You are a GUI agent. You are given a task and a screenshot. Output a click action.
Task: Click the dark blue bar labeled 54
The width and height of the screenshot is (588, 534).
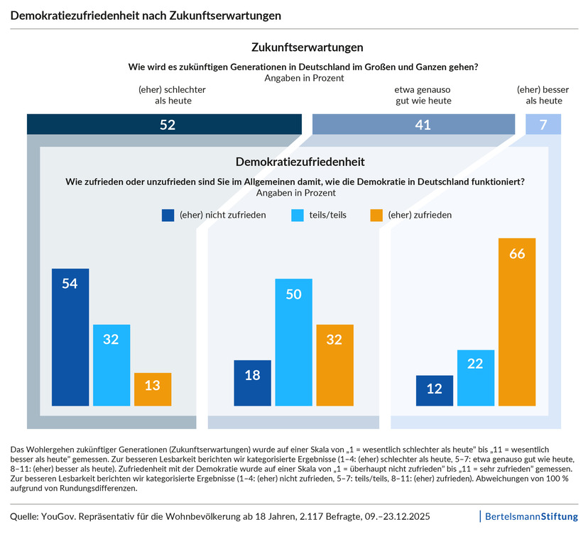click(x=70, y=337)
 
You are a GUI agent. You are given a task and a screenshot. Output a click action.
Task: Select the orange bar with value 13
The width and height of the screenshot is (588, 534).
click(x=153, y=389)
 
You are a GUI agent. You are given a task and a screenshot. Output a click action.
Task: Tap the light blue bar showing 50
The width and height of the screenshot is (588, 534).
click(x=293, y=343)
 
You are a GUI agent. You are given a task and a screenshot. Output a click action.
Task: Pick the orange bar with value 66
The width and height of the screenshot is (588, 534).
click(x=517, y=322)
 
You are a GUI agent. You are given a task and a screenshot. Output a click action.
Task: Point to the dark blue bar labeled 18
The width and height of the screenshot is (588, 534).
click(x=252, y=383)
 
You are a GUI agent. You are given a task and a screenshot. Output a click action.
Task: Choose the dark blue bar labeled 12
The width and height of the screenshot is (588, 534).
click(x=434, y=391)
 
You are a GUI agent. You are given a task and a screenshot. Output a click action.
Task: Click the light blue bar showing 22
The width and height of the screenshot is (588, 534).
click(x=476, y=378)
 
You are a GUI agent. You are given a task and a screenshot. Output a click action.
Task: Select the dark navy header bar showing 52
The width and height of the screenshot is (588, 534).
click(x=164, y=124)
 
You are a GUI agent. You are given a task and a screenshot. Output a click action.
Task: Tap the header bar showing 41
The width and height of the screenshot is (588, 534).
click(x=413, y=124)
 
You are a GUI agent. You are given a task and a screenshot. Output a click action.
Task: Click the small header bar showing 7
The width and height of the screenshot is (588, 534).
click(x=543, y=124)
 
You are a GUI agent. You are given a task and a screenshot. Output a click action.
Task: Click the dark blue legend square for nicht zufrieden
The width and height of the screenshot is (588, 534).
click(x=168, y=216)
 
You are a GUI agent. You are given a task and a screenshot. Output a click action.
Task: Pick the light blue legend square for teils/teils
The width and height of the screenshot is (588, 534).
click(x=298, y=216)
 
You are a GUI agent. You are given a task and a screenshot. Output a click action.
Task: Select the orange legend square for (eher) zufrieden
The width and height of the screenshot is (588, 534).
click(x=376, y=216)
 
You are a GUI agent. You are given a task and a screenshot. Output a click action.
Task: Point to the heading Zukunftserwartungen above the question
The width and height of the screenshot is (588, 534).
click(x=307, y=48)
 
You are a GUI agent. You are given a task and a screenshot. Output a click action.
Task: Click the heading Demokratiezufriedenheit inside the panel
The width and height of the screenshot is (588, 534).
click(x=300, y=162)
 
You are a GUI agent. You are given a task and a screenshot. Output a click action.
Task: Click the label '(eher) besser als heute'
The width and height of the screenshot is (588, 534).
click(x=543, y=95)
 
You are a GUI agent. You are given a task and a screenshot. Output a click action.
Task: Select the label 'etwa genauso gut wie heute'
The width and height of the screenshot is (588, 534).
click(x=423, y=95)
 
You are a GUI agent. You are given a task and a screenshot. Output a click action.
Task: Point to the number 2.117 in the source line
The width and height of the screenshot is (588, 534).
click(x=311, y=517)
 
